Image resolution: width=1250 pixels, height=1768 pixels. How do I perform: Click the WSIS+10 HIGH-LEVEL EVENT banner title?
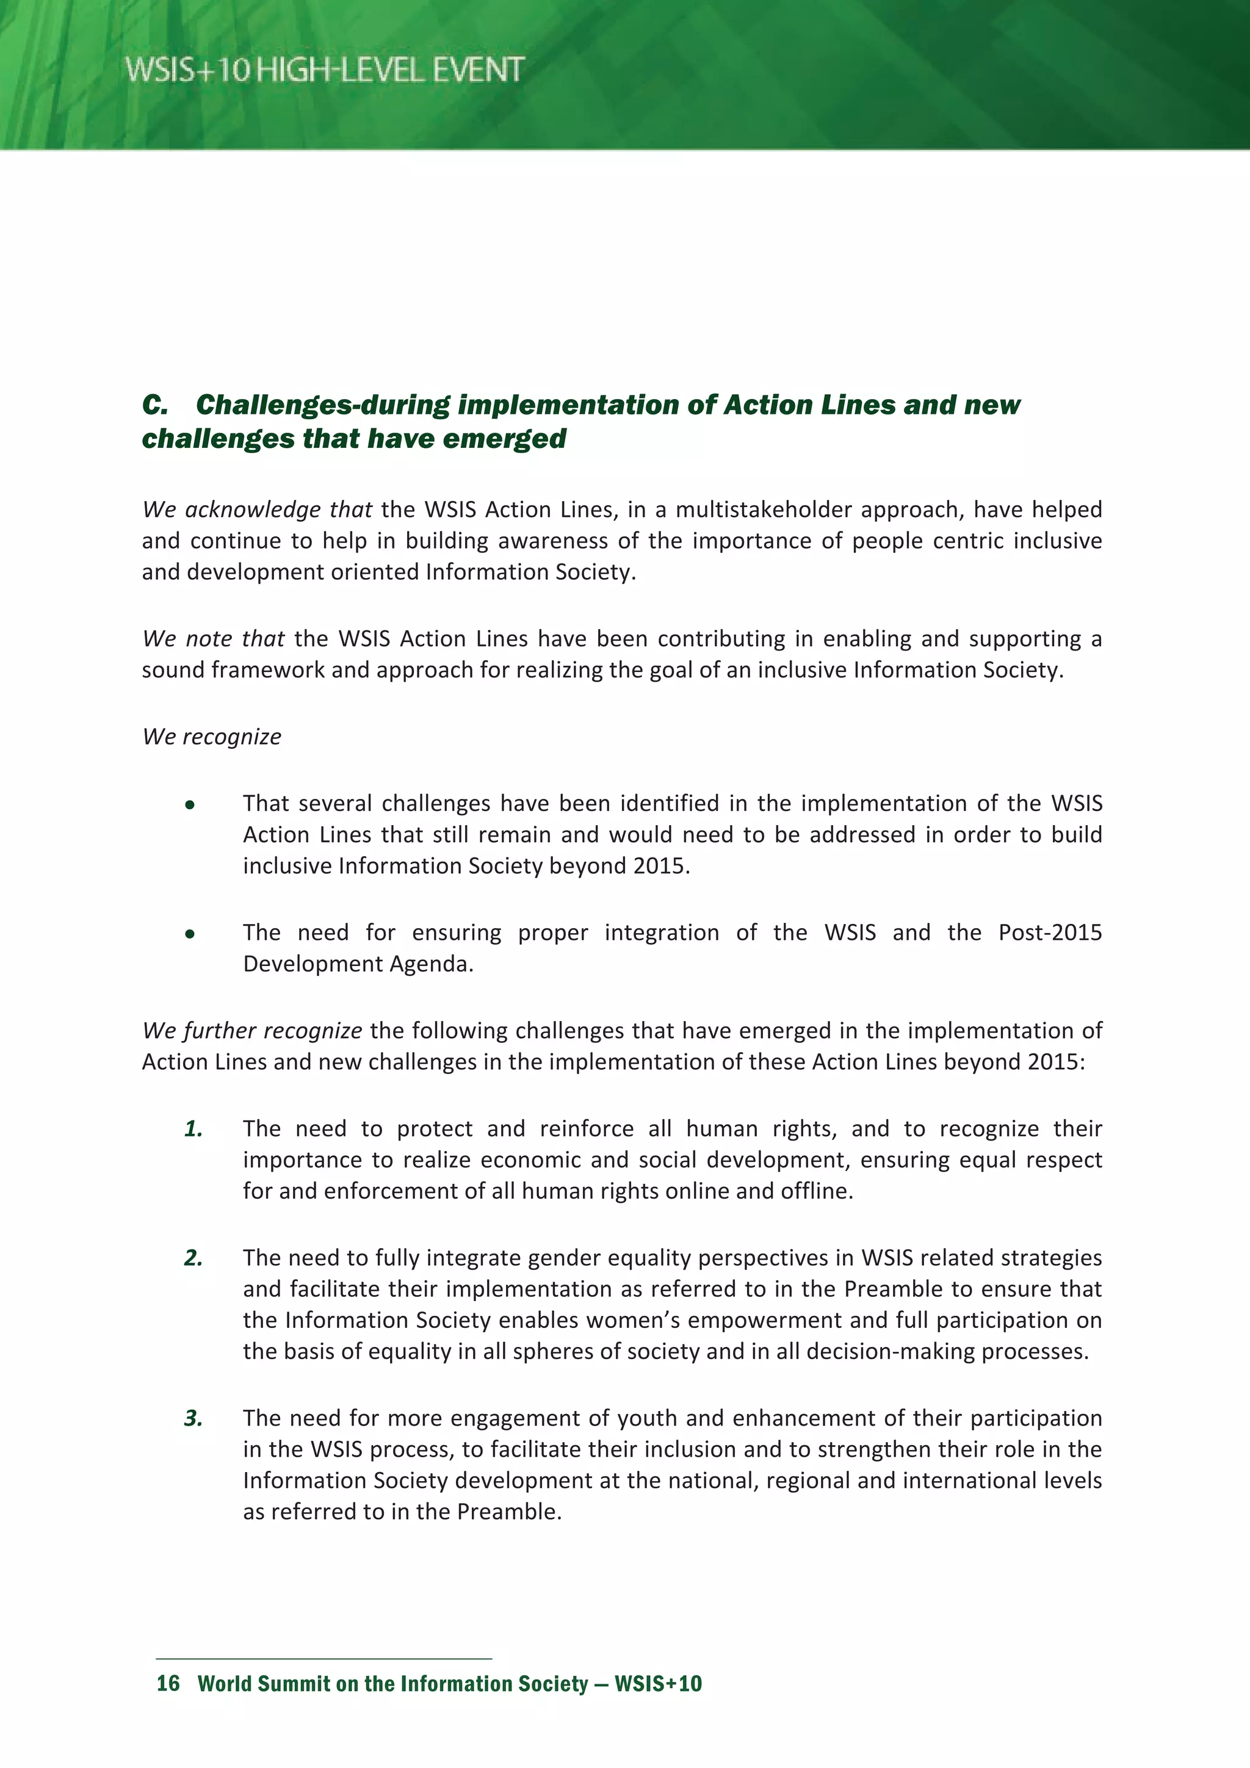pyautogui.click(x=324, y=70)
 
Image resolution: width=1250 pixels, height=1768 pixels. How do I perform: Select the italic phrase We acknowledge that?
pyautogui.click(x=257, y=510)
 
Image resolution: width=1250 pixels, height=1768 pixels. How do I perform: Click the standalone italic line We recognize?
pyautogui.click(x=212, y=737)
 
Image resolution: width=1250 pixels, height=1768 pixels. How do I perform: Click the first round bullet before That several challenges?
pyautogui.click(x=189, y=806)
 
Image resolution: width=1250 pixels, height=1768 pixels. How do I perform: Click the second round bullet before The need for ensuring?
pyautogui.click(x=189, y=935)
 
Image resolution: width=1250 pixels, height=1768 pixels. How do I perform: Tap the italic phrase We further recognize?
pyautogui.click(x=252, y=1031)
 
